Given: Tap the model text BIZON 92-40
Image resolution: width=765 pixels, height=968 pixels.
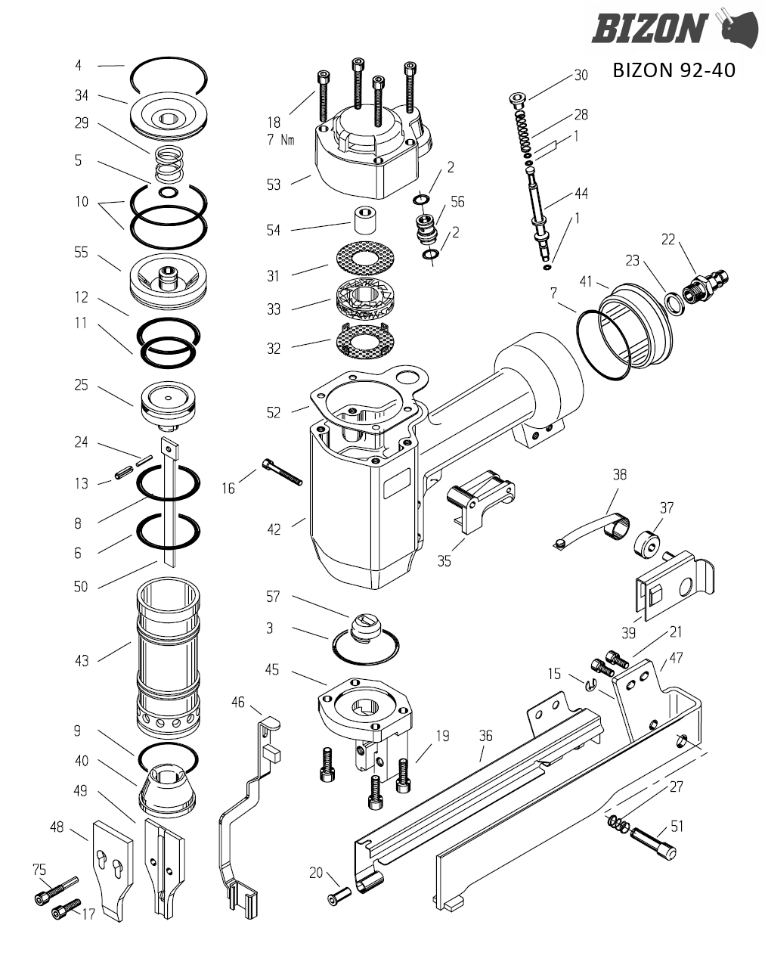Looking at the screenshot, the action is pos(674,70).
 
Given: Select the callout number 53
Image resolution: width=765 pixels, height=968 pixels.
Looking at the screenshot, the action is pos(274,185).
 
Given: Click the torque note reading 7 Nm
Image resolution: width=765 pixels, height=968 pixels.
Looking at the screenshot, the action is pos(280,140).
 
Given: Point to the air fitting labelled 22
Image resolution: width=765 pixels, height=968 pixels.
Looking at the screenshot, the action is pos(705,286).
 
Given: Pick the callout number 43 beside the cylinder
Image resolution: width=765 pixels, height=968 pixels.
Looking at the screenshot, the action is pos(82,661).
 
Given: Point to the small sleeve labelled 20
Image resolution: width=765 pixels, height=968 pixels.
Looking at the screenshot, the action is pos(339,895).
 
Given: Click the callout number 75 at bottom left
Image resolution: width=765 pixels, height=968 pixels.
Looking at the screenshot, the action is pos(39,869).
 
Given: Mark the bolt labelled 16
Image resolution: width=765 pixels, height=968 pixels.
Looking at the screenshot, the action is pos(282,472).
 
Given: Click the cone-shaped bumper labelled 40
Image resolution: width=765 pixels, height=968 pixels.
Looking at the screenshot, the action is pos(167,790).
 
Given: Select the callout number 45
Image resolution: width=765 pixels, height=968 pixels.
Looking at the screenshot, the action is pos(271,669).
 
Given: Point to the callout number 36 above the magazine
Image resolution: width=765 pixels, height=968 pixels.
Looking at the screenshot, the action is pos(486,735).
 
